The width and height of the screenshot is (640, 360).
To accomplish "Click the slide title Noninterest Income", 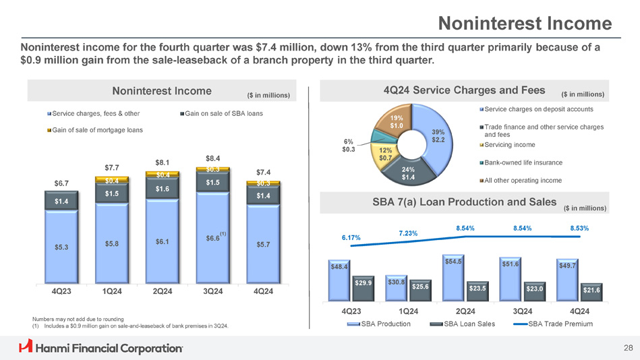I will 525,25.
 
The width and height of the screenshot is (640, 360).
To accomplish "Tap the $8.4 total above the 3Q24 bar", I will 212,158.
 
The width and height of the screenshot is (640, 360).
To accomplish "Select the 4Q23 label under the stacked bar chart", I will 61,291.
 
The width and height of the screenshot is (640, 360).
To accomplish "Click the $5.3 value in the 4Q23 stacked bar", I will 61,247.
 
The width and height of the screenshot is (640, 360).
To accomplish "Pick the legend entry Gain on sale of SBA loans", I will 223,113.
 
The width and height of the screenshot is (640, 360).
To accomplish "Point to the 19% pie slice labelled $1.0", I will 396,121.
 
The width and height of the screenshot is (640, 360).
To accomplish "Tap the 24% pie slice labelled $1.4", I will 410,173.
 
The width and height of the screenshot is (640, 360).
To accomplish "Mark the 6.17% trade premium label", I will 351,237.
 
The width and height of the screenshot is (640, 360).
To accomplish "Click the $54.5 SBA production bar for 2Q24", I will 453,276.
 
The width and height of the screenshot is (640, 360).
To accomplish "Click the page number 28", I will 628,348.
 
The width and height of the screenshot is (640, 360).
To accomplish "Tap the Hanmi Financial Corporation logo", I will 101,347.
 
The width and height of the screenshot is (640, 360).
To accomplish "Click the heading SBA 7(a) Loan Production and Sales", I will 464,202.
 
